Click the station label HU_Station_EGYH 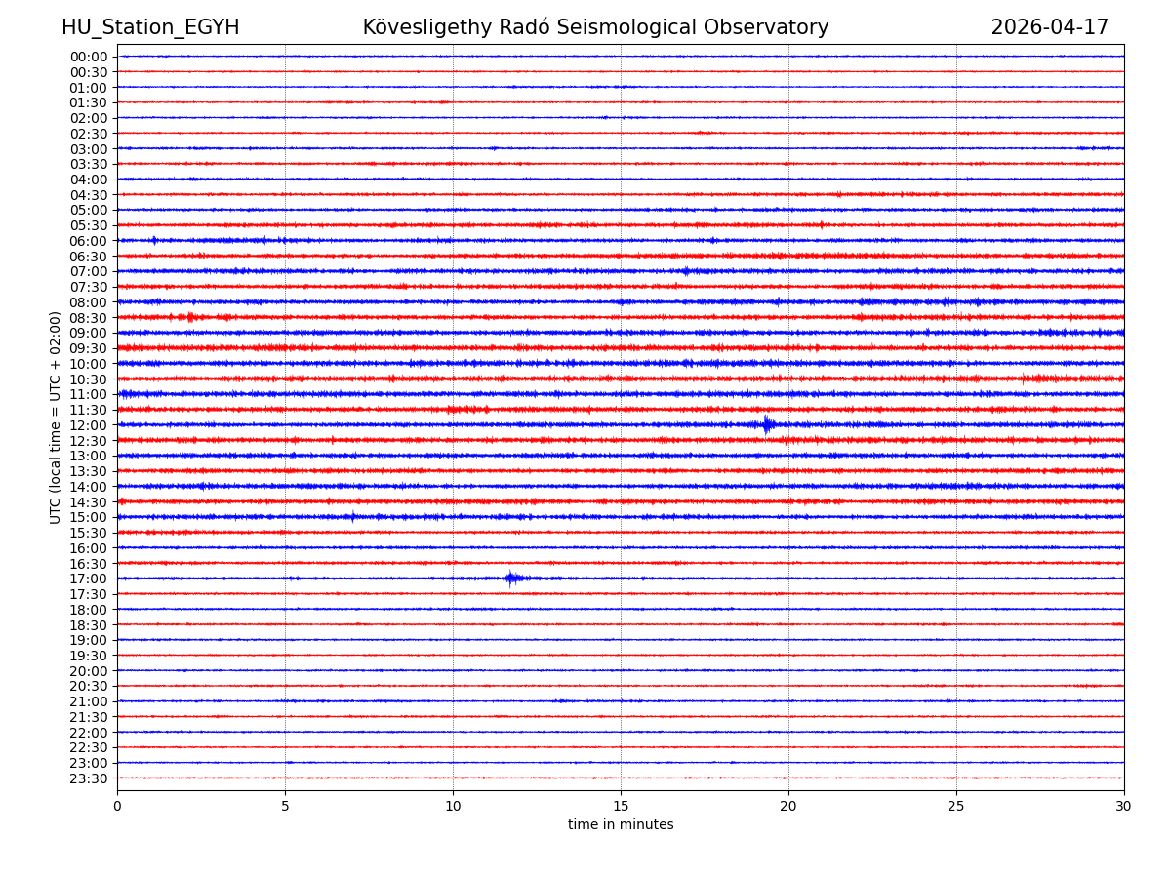click(150, 27)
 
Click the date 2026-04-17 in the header click(1049, 27)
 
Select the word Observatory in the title click(775, 27)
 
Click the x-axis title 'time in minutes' click(621, 825)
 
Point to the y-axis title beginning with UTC click(56, 418)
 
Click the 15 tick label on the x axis click(621, 807)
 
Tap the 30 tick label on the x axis click(1123, 807)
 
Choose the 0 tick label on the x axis click(117, 807)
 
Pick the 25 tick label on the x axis click(956, 807)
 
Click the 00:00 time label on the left click(88, 57)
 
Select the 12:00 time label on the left click(88, 425)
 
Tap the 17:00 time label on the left click(88, 579)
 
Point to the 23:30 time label click(88, 778)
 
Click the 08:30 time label click(88, 318)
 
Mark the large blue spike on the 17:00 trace click(510, 579)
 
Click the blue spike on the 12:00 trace click(767, 424)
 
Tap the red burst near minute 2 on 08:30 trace click(190, 317)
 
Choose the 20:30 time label click(88, 686)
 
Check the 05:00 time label click(88, 210)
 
